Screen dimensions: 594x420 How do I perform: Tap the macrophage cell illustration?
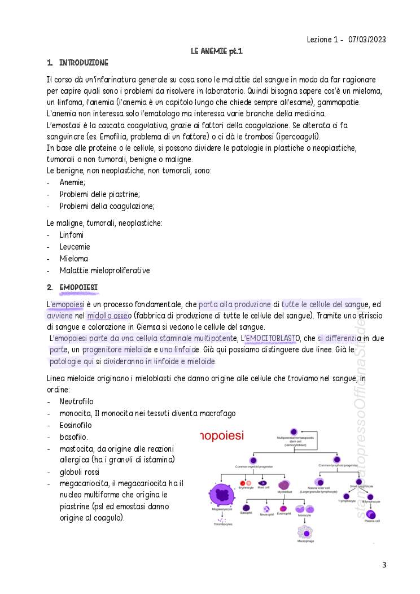coord(305,531)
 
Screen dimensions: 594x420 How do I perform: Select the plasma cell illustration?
coord(371,514)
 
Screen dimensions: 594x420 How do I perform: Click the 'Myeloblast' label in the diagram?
coord(284,492)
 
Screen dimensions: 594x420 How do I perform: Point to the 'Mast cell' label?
coord(263,487)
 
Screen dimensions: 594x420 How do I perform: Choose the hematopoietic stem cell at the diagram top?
coord(294,432)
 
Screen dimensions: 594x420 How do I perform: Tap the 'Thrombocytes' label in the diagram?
coord(223,524)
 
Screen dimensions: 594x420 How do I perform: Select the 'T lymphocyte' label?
coord(347,501)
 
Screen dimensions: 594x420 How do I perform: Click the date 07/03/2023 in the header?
coord(368,40)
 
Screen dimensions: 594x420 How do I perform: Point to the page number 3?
coord(384,565)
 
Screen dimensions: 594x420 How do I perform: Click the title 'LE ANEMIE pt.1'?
coord(217,51)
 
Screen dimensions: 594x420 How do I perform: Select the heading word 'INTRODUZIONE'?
coord(84,62)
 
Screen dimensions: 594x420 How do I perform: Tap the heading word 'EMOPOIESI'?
coord(78,288)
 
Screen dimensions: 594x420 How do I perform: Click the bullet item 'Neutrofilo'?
coord(76,401)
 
